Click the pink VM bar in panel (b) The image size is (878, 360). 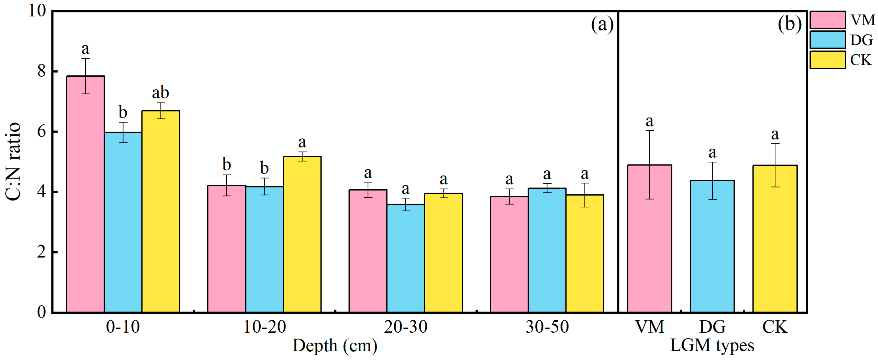[649, 239]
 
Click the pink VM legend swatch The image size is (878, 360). [827, 20]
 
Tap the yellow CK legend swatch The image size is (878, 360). [827, 60]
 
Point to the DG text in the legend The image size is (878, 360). [861, 40]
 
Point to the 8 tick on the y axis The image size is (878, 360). [42, 71]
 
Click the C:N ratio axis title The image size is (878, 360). [14, 162]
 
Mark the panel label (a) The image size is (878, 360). [602, 25]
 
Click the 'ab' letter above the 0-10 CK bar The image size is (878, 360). [160, 92]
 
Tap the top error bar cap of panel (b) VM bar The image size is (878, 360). [649, 131]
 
